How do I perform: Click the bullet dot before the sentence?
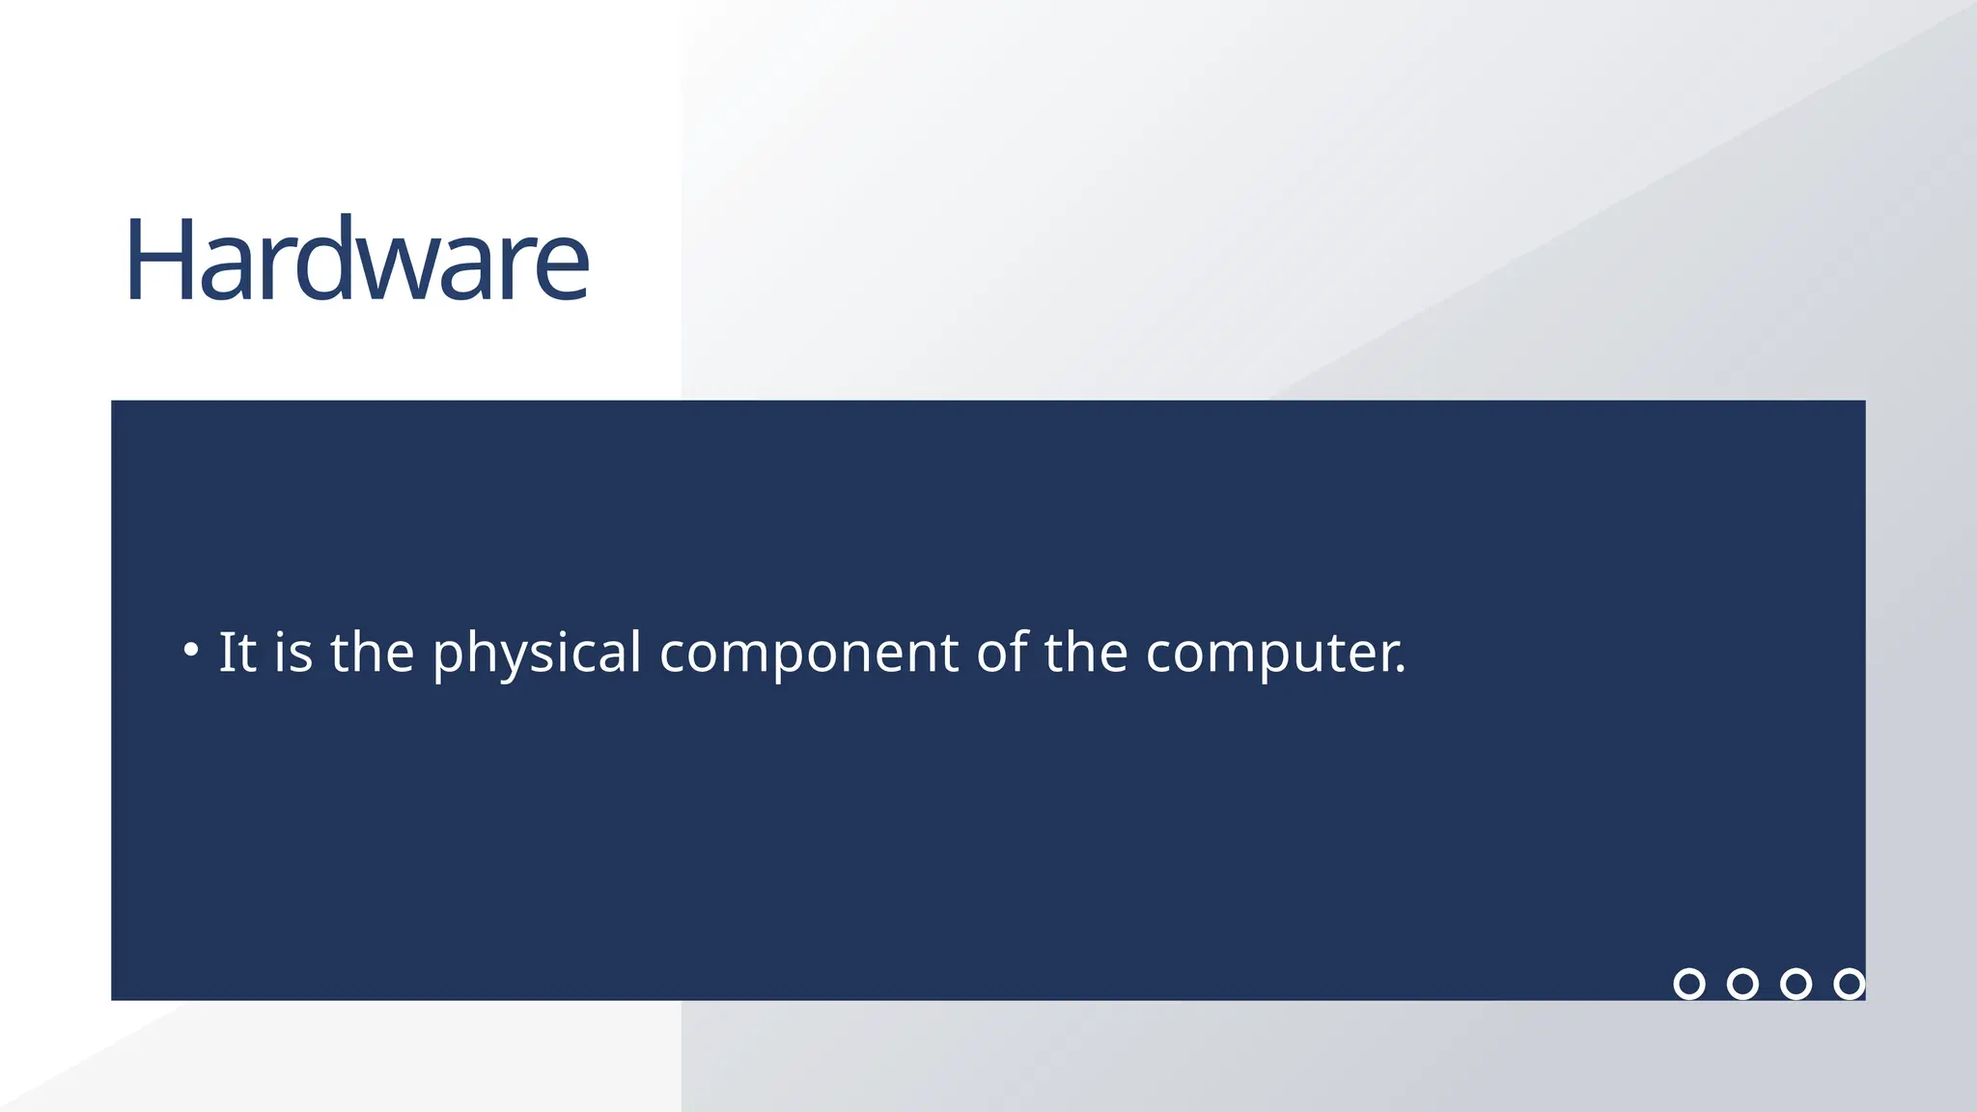pyautogui.click(x=191, y=650)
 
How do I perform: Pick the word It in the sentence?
pyautogui.click(x=237, y=652)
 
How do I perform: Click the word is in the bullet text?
pyautogui.click(x=293, y=652)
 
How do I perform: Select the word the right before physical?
pyautogui.click(x=373, y=652)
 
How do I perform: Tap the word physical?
pyautogui.click(x=537, y=653)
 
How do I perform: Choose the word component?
pyautogui.click(x=809, y=653)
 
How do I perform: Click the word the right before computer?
pyautogui.click(x=1086, y=652)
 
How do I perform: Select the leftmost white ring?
pyautogui.click(x=1689, y=984)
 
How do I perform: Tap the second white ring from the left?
pyautogui.click(x=1742, y=984)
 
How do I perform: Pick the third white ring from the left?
pyautogui.click(x=1796, y=984)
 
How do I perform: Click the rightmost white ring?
pyautogui.click(x=1849, y=984)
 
